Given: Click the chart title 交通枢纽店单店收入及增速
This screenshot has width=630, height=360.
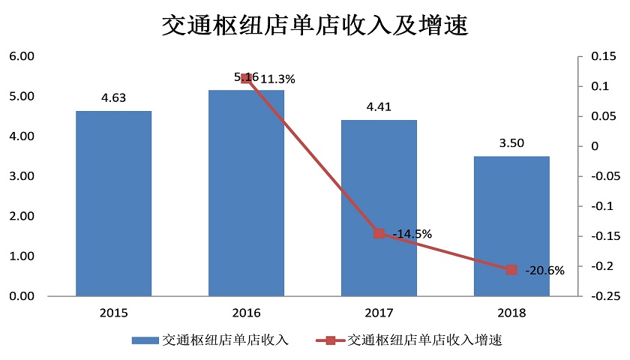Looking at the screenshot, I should click(315, 26).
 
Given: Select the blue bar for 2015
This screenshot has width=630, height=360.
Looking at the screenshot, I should click(113, 203).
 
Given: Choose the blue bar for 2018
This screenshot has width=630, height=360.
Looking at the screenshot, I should click(511, 226).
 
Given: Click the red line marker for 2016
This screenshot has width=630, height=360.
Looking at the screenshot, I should click(246, 78).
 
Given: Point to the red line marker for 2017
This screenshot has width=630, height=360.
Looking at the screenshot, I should click(379, 233).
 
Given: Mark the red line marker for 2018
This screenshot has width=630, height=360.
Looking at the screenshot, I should click(511, 269).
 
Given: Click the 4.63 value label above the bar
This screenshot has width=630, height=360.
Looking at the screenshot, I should click(113, 97).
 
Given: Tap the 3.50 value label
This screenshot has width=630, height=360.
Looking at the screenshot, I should click(511, 142).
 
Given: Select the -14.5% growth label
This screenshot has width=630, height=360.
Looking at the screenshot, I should click(412, 234).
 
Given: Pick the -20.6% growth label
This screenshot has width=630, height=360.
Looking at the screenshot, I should click(544, 270).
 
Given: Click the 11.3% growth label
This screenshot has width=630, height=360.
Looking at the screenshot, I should click(277, 78).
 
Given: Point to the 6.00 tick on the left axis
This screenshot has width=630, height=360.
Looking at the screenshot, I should click(22, 56).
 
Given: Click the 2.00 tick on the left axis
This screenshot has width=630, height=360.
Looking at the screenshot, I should click(22, 216).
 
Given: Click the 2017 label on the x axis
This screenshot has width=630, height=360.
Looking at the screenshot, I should click(379, 312).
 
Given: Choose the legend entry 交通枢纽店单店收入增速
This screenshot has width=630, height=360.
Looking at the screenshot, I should click(424, 340).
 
